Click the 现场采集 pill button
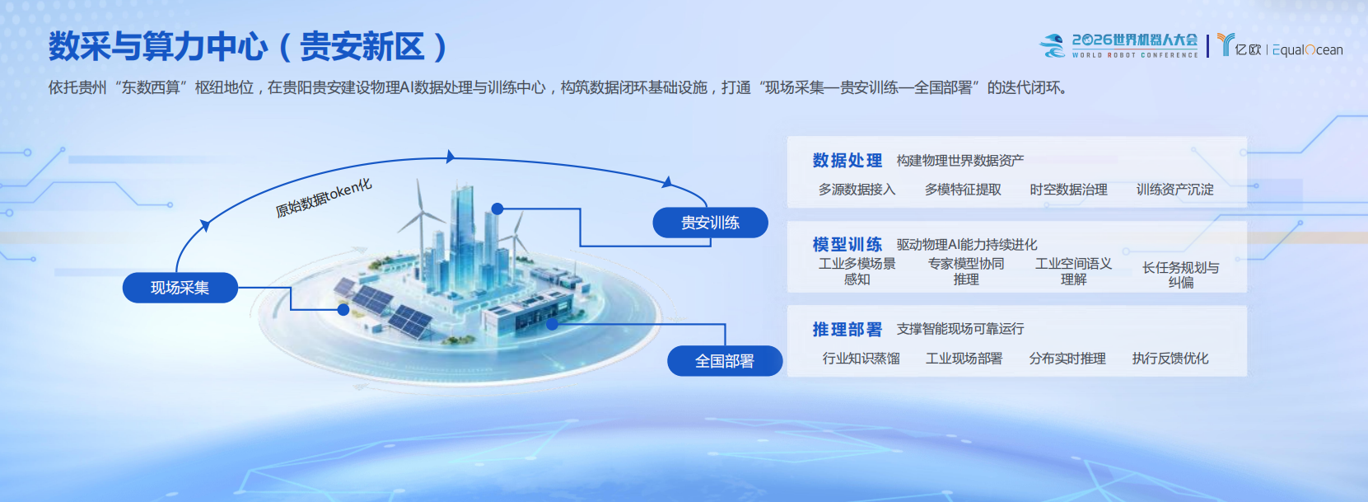point(180,288)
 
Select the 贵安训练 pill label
point(710,223)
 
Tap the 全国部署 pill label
point(725,361)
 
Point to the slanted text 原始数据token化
point(324,198)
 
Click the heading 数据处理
point(847,160)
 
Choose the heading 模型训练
point(847,245)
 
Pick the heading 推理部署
point(847,330)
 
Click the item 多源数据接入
point(857,190)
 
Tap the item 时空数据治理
point(1069,190)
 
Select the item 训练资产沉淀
point(1175,190)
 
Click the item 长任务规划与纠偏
point(1180,274)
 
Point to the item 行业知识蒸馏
point(861,359)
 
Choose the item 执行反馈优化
point(1170,359)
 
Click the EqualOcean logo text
point(1308,50)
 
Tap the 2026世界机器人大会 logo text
point(1135,40)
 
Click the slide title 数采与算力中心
point(158,46)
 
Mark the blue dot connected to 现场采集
point(343,310)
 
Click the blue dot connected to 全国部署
point(552,324)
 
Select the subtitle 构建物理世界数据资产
point(960,161)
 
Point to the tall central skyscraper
point(462,226)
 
